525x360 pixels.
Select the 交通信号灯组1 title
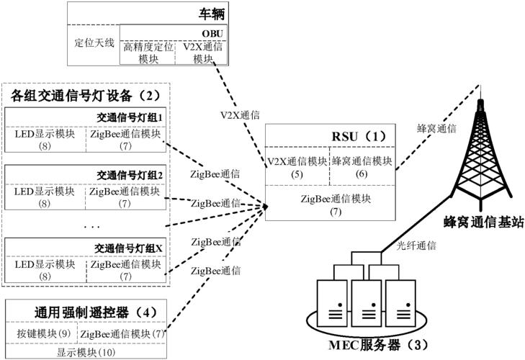tap(130, 116)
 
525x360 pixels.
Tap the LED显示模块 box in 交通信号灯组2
tap(45, 196)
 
